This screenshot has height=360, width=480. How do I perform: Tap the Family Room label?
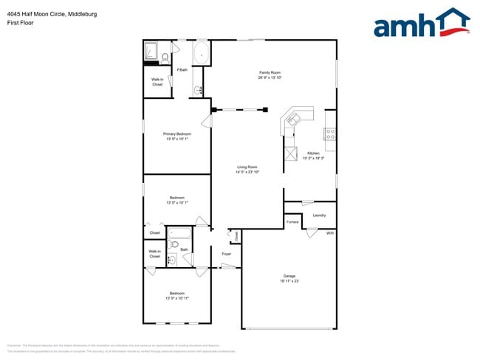coord(270,72)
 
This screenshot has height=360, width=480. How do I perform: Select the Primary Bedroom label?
coord(177,134)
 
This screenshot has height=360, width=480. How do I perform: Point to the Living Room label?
coord(247,167)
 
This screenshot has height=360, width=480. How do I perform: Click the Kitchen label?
coord(314,153)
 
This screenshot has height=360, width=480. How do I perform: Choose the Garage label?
coord(289,276)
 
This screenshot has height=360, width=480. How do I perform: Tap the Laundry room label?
coord(319,215)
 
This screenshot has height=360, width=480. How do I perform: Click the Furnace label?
coord(292,221)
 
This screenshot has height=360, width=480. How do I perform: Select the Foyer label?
coord(227,254)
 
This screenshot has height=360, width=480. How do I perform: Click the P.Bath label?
coord(182,70)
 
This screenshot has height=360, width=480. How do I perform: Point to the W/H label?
coord(330,233)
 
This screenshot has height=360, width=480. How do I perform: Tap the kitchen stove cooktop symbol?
coord(330,134)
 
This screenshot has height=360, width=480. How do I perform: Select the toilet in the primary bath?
coord(165,56)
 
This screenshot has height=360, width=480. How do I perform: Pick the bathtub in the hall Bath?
coord(180,237)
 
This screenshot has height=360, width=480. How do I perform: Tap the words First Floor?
coord(19,23)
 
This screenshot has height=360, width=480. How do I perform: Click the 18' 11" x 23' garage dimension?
coord(289,281)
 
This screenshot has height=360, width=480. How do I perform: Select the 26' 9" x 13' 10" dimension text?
coord(270,77)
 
